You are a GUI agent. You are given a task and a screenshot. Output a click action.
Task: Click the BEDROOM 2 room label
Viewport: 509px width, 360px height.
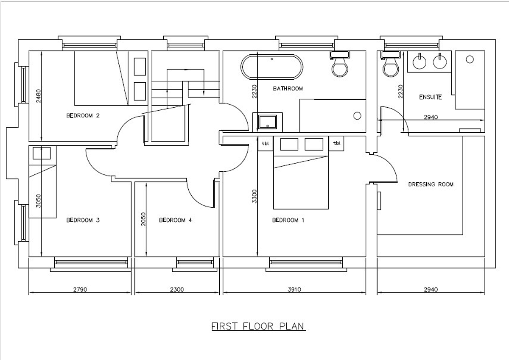click(83, 116)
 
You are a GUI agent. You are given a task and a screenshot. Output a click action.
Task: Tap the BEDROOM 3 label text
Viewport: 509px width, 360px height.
click(83, 220)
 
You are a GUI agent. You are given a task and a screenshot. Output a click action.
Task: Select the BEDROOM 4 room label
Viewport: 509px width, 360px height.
click(176, 220)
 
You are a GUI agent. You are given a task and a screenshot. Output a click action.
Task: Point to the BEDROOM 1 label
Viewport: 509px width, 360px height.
click(288, 220)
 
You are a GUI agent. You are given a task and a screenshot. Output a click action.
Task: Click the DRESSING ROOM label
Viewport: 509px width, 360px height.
click(431, 184)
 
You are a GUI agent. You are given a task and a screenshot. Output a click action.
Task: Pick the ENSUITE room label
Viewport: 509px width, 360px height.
click(431, 97)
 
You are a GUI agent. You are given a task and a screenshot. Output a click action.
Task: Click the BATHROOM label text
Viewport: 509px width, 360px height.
click(288, 89)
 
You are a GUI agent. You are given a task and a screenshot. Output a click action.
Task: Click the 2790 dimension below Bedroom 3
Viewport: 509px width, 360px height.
click(80, 289)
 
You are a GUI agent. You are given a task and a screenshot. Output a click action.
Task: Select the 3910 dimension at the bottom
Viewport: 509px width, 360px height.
click(294, 289)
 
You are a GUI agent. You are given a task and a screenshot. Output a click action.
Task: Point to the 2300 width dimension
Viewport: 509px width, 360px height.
click(177, 289)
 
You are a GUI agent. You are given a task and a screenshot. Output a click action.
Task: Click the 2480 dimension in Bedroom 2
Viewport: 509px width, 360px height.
click(39, 96)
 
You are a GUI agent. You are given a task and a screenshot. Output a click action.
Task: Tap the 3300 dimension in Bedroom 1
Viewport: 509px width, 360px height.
click(255, 196)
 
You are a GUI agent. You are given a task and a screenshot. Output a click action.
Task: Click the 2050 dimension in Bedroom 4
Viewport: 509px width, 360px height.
click(143, 219)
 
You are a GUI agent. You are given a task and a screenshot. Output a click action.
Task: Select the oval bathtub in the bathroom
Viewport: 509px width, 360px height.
click(272, 67)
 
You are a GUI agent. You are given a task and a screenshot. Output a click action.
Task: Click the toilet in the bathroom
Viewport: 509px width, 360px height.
click(340, 64)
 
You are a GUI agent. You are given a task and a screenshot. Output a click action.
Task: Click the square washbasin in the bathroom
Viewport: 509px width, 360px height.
click(268, 122)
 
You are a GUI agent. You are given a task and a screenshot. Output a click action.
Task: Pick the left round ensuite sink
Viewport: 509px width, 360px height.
click(420, 61)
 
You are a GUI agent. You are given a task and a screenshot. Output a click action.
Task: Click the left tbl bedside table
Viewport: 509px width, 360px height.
click(265, 143)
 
